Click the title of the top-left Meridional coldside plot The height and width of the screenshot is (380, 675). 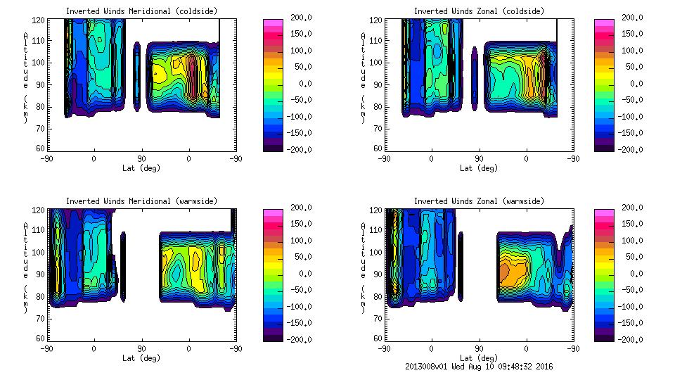click(x=141, y=11)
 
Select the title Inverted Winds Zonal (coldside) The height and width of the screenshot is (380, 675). click(x=479, y=11)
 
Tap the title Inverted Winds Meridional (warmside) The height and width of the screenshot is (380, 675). click(x=141, y=201)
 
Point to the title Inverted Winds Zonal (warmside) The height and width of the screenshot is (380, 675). click(x=479, y=201)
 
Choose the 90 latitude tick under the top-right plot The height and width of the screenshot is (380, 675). click(x=479, y=159)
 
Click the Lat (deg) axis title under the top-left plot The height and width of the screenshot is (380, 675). click(x=141, y=167)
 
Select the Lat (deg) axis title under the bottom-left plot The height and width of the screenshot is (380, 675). click(x=141, y=357)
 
